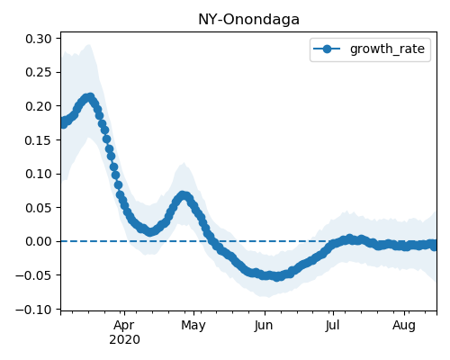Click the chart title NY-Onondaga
(248, 20)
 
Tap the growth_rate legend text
(387, 49)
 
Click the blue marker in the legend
(327, 49)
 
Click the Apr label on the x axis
(124, 326)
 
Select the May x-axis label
(193, 326)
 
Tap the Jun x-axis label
(264, 326)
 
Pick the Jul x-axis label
(333, 325)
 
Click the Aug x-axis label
(404, 326)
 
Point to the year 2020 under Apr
(124, 340)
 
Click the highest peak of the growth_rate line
(90, 97)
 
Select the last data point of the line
(434, 247)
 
